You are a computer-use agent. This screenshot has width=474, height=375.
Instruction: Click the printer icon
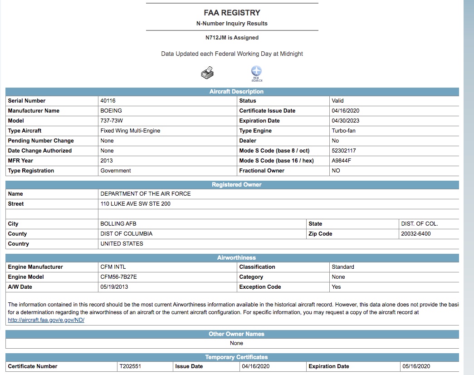[x=207, y=72]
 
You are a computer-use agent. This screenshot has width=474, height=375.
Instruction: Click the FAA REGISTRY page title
[x=232, y=13]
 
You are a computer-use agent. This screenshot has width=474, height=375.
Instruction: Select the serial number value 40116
[x=108, y=101]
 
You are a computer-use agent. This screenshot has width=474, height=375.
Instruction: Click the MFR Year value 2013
[x=107, y=161]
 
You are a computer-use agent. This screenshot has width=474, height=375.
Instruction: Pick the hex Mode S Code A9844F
[x=342, y=161]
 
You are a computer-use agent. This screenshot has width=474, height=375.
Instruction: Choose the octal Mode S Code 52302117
[x=344, y=151]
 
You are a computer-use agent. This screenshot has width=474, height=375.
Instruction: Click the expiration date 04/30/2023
[x=345, y=121]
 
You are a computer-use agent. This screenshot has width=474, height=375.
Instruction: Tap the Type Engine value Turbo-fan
[x=343, y=131]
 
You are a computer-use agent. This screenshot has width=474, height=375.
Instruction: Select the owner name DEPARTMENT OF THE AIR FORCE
[x=146, y=194]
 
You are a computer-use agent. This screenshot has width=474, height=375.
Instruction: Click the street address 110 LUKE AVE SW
[x=136, y=204]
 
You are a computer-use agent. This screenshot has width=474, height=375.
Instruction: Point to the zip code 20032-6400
[x=416, y=234]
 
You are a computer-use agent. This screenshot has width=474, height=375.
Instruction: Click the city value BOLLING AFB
[x=118, y=224]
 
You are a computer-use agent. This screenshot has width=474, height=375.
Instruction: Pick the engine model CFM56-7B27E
[x=119, y=277]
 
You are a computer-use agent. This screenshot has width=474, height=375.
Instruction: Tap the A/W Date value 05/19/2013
[x=114, y=287]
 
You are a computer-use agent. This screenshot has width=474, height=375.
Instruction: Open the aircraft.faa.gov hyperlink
[x=46, y=320]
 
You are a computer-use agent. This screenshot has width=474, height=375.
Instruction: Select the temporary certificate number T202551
[x=130, y=366]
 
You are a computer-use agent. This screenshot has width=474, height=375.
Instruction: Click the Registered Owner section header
[x=236, y=185]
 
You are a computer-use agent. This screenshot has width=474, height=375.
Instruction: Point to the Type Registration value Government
[x=116, y=171]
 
